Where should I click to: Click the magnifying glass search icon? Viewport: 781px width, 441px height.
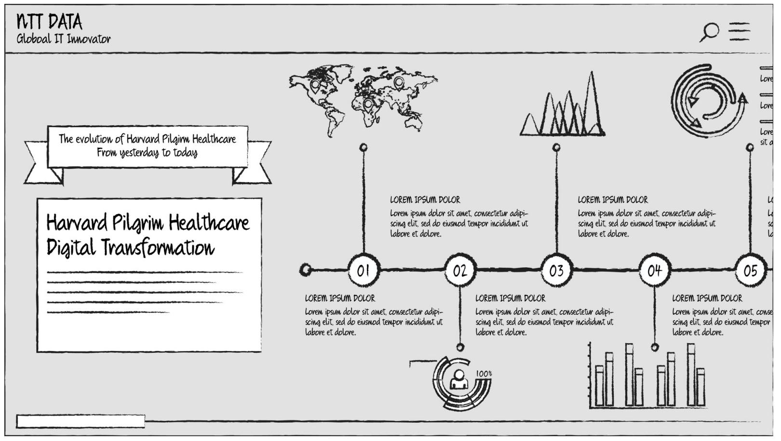710,32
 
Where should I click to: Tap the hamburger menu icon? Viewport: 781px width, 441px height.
739,31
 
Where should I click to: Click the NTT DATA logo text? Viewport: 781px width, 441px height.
49,22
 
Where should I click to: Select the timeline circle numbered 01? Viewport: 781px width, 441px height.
364,270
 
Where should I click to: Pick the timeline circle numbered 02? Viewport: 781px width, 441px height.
460,270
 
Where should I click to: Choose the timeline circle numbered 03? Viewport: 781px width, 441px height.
556,270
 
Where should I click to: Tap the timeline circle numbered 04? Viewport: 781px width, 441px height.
654,270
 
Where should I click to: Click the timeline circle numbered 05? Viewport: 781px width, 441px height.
750,270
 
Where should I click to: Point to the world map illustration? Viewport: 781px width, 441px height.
363,99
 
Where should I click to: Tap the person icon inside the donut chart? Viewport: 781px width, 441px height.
459,379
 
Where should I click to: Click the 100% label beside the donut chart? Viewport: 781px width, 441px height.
484,374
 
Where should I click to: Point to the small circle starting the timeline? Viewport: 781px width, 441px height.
305,270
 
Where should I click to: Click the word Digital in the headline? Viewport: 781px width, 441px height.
70,247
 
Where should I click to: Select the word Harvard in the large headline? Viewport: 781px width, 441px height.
76,223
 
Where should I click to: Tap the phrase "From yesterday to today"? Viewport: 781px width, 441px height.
147,153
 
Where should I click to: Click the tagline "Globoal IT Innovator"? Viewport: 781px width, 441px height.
64,39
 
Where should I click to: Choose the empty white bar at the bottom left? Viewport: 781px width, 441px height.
81,421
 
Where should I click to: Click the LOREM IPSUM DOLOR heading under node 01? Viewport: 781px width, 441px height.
340,298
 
